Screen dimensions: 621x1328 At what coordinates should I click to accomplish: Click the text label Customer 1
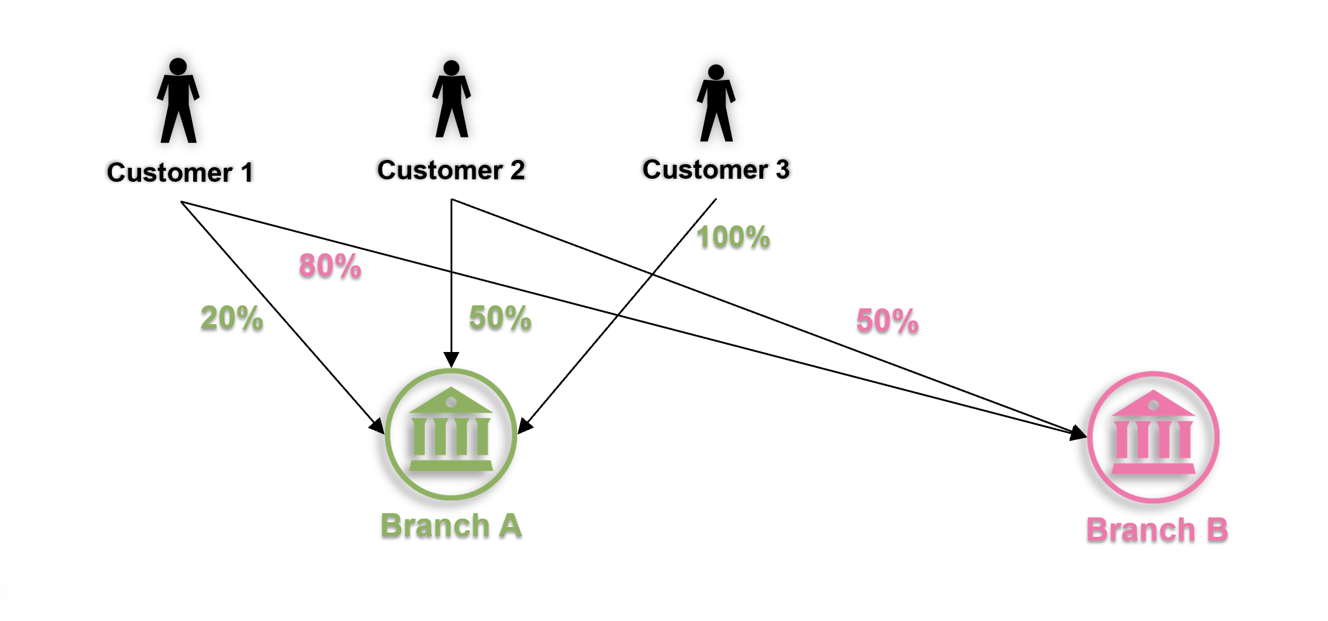coord(180,173)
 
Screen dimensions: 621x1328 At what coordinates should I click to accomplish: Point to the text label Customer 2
coord(451,170)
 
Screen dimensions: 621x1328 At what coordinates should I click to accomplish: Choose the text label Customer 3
coord(716,170)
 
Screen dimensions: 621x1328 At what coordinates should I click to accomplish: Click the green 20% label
coord(232,318)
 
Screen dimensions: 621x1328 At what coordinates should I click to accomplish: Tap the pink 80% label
coord(330,266)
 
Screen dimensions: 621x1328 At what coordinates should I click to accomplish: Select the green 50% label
coord(500,318)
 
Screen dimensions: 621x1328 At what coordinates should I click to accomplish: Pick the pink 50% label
coord(887,321)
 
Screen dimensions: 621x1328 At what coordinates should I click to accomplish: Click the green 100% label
coord(733,237)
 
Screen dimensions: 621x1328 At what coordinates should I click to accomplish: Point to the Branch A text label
coord(451,526)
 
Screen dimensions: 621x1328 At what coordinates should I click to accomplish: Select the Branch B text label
coord(1157,530)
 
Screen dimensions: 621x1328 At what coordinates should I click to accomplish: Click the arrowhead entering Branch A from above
coord(451,359)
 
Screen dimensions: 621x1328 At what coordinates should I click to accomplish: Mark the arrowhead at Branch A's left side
coord(377,426)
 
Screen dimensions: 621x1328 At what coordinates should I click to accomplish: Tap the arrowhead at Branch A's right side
coord(524,425)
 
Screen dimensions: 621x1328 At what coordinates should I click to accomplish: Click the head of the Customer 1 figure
coord(178,66)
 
